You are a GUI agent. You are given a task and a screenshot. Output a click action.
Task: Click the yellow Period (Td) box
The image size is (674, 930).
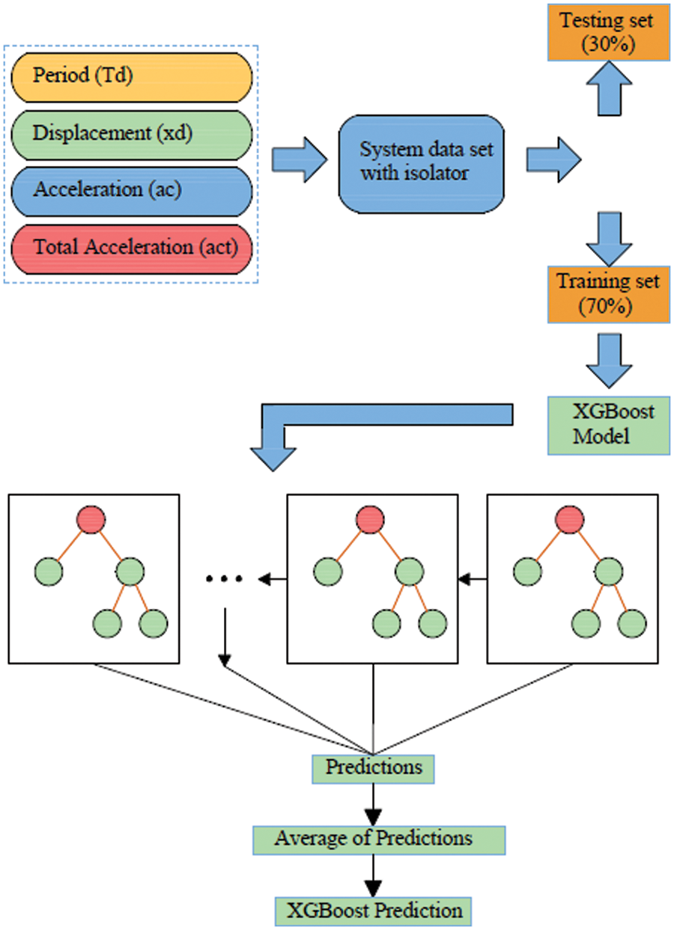point(131,76)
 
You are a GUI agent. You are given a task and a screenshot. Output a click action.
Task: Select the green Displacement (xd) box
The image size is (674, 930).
point(131,134)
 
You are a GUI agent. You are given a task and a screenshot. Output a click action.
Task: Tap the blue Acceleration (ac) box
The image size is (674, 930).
point(131,190)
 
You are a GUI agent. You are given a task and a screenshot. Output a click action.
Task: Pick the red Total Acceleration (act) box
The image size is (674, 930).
point(131,248)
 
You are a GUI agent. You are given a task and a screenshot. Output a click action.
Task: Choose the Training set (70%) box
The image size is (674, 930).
point(608,295)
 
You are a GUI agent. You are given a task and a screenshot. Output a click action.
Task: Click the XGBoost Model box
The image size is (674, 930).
point(608,424)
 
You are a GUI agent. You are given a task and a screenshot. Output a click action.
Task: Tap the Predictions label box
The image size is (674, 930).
point(373,768)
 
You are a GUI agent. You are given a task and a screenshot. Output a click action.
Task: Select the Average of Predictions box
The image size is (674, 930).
point(379,839)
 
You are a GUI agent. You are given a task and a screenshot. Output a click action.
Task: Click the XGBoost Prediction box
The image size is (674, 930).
point(374,911)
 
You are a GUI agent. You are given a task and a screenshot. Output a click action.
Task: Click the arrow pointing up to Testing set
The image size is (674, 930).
point(608,88)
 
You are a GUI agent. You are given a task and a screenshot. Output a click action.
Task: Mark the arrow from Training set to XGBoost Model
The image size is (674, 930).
point(608,358)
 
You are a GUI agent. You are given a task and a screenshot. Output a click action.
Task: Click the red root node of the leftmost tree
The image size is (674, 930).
point(91,520)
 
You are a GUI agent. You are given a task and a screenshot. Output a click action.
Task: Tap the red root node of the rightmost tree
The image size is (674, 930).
point(570,520)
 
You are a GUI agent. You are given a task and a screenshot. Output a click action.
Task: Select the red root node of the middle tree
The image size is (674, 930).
point(370,520)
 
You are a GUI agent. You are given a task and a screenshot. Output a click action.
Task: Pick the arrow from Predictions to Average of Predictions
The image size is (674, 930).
point(372,803)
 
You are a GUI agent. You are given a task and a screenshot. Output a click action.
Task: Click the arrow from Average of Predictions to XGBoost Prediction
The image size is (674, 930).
point(372,874)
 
